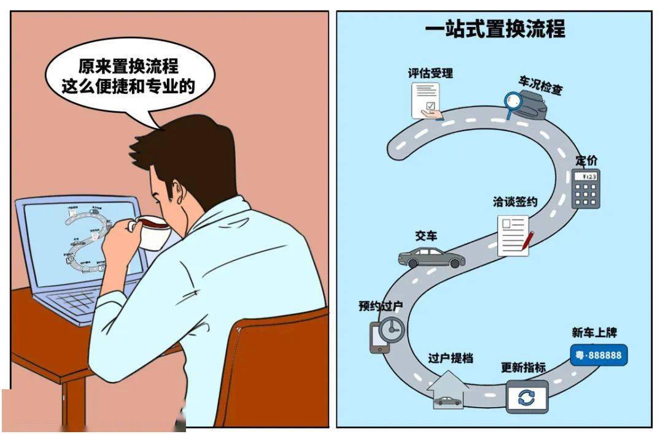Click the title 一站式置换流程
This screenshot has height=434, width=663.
pos(495,29)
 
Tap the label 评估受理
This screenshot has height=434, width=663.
pos(430,73)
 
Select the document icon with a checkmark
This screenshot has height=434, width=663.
pos(426,101)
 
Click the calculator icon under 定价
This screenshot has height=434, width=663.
pos(586,189)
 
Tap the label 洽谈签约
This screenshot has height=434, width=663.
pos(514,202)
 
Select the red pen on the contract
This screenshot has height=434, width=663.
pos(527,241)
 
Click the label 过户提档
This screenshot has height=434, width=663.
pos(451,358)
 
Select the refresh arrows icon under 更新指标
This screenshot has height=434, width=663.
pos(526,397)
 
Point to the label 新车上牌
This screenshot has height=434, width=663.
pos(594,332)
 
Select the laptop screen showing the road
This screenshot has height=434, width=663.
pos(80,245)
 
